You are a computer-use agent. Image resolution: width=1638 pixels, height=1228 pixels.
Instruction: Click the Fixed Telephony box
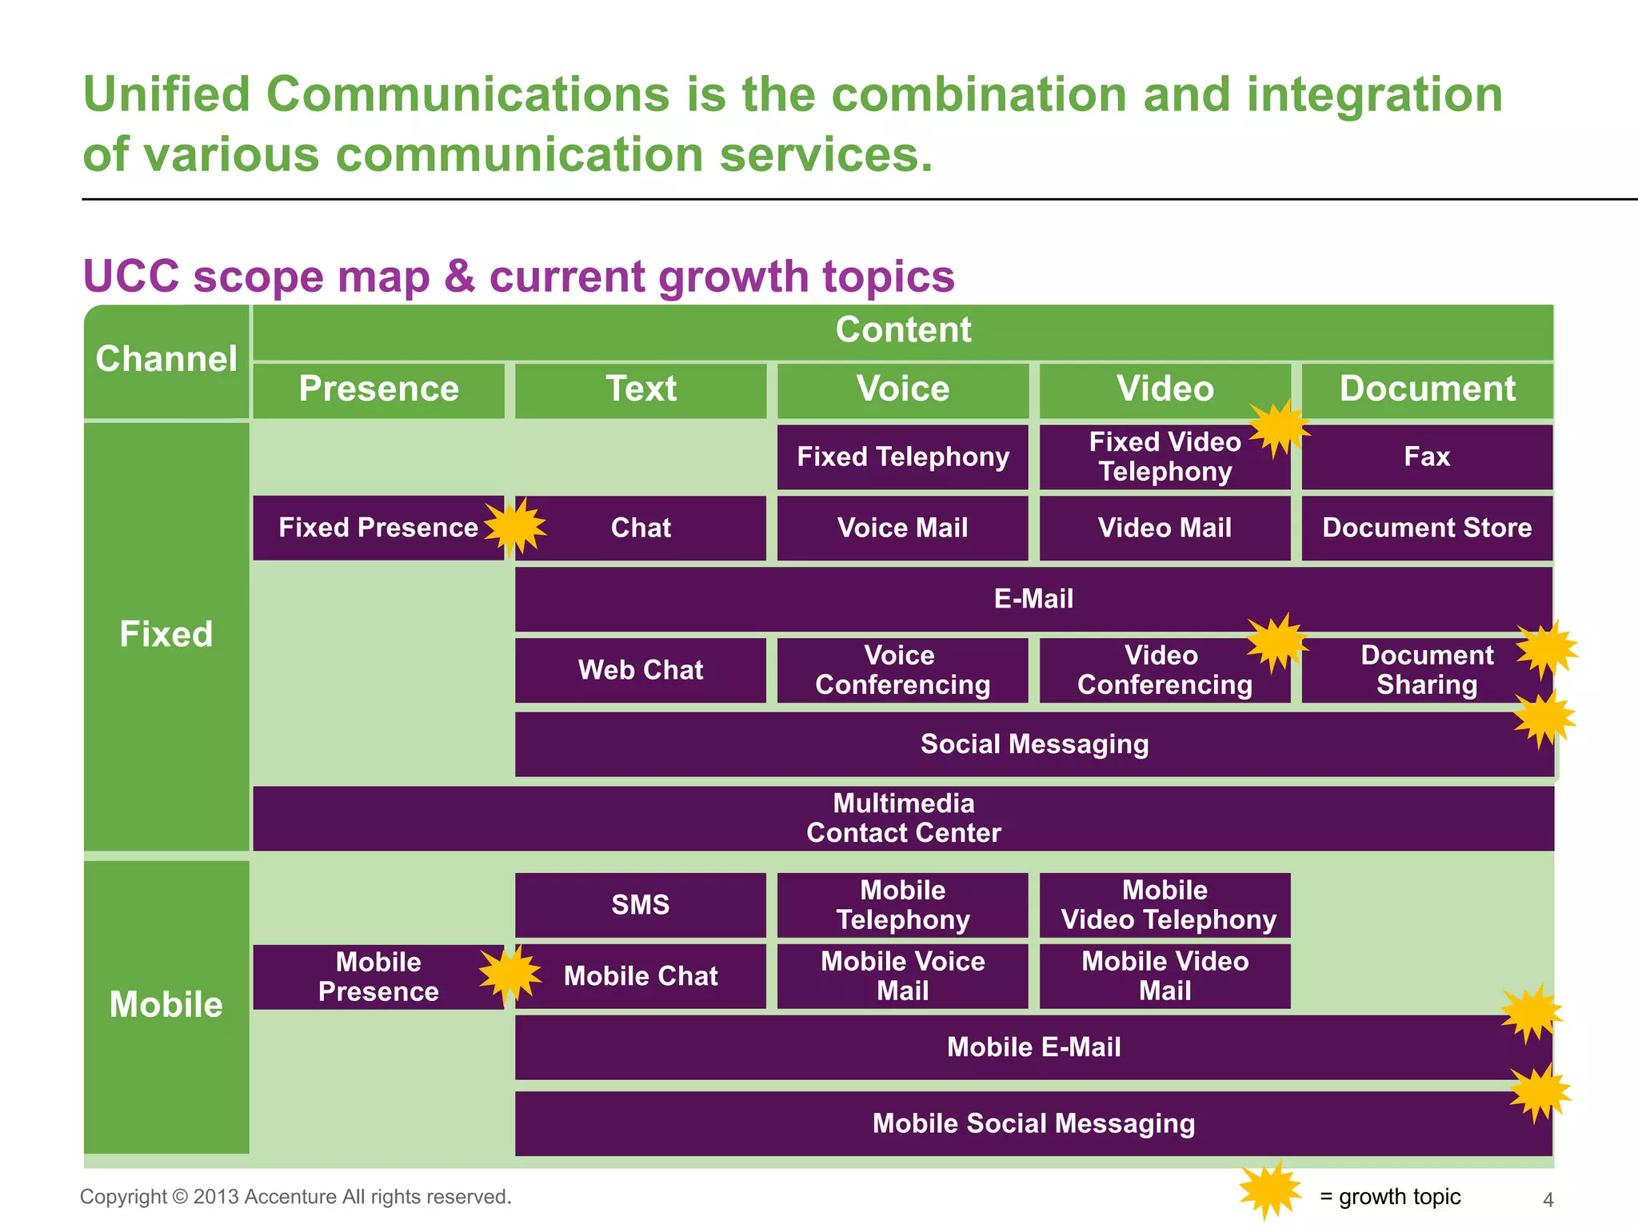tap(902, 457)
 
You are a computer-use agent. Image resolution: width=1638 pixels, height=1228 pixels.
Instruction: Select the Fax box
tap(1427, 457)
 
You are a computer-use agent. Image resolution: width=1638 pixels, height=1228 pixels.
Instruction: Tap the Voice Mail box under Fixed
tap(902, 528)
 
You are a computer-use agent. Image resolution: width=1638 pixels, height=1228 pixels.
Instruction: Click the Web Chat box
tap(640, 670)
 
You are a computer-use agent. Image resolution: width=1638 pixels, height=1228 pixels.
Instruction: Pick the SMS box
tap(640, 904)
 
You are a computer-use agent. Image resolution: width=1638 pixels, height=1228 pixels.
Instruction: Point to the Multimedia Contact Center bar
tap(903, 818)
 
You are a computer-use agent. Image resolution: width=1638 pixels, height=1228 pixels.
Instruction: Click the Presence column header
tap(378, 389)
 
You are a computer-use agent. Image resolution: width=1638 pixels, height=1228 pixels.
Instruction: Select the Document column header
tap(1427, 389)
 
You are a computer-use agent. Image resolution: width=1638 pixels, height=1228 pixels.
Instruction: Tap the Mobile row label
tap(166, 1005)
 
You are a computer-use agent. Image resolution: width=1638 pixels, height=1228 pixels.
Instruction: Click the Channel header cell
tap(166, 359)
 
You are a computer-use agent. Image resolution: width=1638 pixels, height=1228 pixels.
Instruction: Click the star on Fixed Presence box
tap(515, 527)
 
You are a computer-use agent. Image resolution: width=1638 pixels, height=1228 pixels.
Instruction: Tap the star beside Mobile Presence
tap(509, 974)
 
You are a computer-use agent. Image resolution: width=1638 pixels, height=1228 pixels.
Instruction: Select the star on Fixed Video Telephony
tap(1280, 428)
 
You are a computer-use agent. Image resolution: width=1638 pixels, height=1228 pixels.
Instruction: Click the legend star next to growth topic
tap(1270, 1190)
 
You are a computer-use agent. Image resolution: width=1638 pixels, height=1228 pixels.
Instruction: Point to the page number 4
tap(1548, 1199)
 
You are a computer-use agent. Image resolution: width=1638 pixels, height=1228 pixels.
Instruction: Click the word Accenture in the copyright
tap(290, 1197)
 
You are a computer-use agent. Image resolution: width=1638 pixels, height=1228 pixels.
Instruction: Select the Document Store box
tap(1427, 528)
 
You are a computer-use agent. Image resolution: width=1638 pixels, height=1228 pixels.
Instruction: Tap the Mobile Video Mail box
tap(1165, 975)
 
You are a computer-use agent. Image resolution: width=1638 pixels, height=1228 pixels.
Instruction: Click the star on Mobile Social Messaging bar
tap(1540, 1093)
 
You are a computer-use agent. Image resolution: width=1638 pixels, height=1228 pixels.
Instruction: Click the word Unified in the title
tap(167, 94)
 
